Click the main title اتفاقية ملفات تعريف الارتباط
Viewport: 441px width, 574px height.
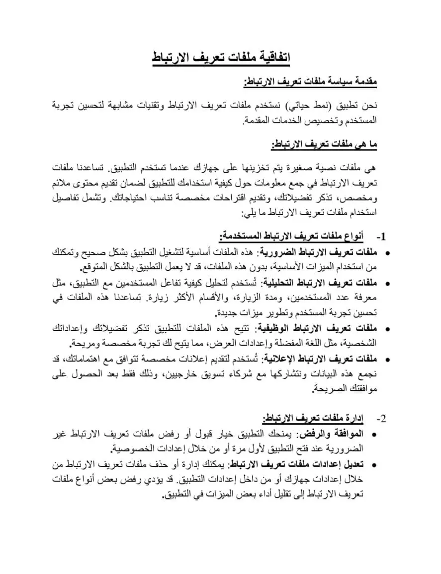pos(221,57)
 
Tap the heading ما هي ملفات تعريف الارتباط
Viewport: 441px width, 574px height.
pos(324,144)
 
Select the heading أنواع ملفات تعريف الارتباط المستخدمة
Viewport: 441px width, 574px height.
pos(291,235)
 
